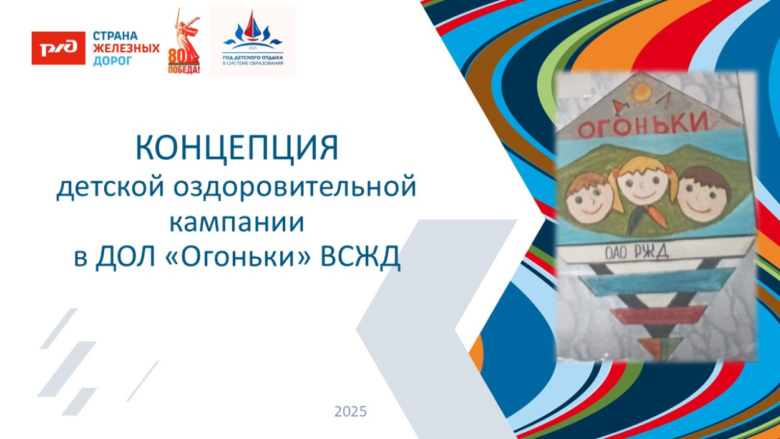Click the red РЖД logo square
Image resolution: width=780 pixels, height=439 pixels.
(x=58, y=48)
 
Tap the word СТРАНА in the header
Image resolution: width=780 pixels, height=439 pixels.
(x=115, y=36)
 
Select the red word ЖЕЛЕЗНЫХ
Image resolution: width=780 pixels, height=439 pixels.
(x=126, y=48)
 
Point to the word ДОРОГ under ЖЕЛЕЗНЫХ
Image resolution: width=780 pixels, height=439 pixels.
(x=112, y=61)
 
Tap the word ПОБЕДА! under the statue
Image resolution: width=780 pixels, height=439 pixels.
(x=184, y=69)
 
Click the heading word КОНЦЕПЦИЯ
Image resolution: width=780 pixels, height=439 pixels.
(x=237, y=148)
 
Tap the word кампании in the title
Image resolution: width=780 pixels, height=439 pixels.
(x=237, y=222)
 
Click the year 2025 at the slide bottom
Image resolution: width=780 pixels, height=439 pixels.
(x=350, y=412)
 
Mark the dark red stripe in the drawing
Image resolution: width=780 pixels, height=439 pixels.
(x=660, y=314)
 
